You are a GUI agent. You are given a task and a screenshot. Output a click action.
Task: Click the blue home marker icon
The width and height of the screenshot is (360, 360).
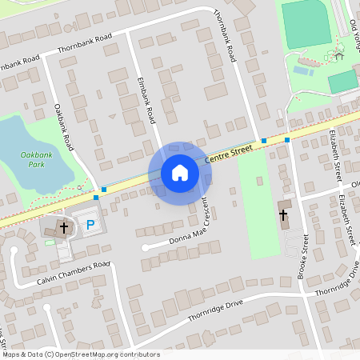(x=179, y=173)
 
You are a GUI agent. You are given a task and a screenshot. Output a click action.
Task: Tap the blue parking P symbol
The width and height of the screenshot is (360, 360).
(x=90, y=226)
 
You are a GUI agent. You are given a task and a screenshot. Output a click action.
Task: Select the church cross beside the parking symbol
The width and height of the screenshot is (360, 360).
(x=64, y=228)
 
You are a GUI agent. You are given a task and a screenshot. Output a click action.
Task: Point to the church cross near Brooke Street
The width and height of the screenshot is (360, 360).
(x=282, y=214)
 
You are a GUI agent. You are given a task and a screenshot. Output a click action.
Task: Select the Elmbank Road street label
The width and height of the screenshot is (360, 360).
(x=146, y=101)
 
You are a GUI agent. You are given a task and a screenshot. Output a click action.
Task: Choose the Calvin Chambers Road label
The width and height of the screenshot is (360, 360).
(x=72, y=273)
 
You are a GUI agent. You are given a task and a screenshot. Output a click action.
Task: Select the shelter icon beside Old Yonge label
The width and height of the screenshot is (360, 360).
(x=339, y=55)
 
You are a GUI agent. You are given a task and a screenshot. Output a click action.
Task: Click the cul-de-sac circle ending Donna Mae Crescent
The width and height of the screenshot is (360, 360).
(x=145, y=248)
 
